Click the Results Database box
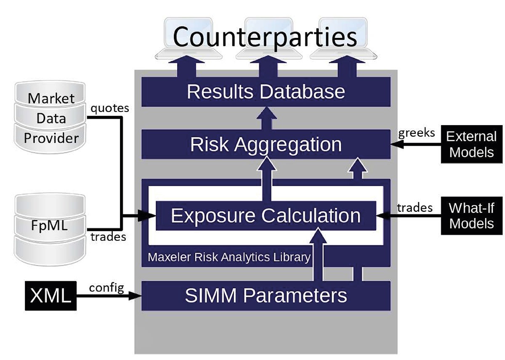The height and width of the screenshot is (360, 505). click(266, 92)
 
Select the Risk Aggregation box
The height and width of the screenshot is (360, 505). click(266, 144)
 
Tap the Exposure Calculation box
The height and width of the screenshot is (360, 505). click(266, 216)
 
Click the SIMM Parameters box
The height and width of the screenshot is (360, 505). click(266, 296)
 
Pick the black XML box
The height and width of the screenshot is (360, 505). click(51, 296)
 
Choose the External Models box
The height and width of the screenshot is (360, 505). click(471, 144)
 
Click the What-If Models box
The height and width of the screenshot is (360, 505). click(471, 216)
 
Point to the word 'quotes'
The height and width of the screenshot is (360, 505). click(109, 108)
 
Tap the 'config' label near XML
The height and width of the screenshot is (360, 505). click(106, 288)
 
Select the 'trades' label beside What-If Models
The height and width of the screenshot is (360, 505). click(415, 207)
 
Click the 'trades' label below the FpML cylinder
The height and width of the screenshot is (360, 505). click(108, 237)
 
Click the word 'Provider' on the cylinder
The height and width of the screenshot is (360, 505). click(51, 138)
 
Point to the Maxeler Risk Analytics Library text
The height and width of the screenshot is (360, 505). click(229, 257)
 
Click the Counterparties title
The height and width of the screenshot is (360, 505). click(265, 37)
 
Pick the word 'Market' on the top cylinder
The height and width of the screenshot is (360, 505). click(51, 99)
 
